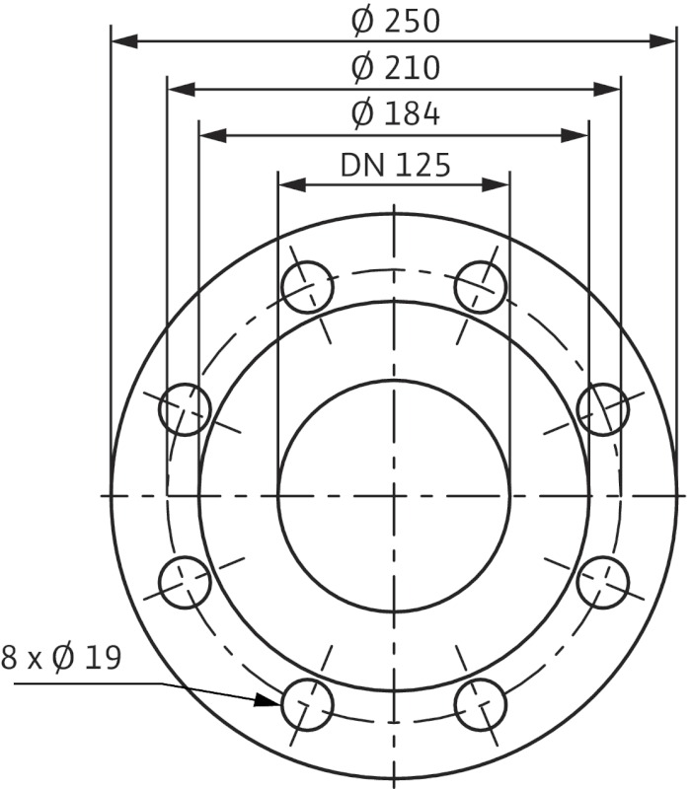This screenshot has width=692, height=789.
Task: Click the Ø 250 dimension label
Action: pos(395,22)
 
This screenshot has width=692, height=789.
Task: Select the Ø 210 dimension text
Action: pos(395,68)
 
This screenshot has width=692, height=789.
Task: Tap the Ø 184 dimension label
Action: pos(395,114)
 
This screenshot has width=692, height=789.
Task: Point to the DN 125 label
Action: pos(395,166)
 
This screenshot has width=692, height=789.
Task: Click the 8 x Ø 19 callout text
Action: pos(61,658)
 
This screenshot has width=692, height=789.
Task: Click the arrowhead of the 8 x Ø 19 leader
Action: pos(267,700)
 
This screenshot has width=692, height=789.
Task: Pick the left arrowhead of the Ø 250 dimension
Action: pos(124,41)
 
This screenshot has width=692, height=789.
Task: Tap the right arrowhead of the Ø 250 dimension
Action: pos(662,41)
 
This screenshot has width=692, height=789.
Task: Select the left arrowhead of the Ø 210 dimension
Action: pos(181,90)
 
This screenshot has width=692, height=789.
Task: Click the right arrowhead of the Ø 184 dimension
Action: pos(576,135)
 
